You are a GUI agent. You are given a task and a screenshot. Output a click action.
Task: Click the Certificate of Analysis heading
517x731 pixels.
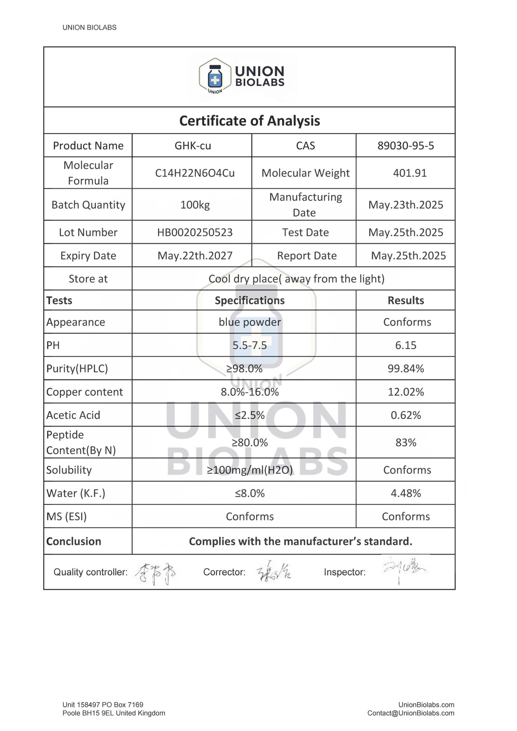[x=249, y=121]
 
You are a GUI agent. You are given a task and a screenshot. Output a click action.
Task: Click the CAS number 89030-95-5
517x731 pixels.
[x=406, y=146]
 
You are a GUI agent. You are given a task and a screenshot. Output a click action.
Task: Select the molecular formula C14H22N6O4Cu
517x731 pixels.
[x=195, y=173]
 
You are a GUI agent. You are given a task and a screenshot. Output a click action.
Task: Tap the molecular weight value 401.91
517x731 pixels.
[x=409, y=173]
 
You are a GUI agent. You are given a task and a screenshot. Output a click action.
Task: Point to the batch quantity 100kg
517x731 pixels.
[x=195, y=205]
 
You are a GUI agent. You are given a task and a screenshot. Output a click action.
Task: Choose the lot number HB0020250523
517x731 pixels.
[x=195, y=233]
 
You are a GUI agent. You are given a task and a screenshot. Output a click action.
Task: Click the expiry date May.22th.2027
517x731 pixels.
[x=195, y=256]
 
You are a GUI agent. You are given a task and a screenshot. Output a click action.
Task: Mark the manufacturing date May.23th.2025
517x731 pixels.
[x=406, y=205]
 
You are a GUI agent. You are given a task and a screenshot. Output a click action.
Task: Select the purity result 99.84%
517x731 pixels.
[x=406, y=369]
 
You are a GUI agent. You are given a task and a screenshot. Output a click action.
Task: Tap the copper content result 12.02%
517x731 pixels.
[x=406, y=392]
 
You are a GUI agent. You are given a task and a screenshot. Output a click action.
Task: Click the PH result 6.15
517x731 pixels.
[x=406, y=345]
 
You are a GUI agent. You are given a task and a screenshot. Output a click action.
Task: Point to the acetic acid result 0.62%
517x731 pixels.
[x=406, y=415]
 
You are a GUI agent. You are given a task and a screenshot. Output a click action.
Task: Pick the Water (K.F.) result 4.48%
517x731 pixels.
[x=406, y=493]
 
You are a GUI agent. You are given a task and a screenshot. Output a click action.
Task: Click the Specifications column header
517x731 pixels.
[x=249, y=300]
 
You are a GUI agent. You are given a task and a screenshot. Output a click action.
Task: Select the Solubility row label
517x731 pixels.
[x=69, y=470]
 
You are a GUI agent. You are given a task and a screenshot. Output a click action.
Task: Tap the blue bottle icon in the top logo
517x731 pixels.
[x=215, y=77]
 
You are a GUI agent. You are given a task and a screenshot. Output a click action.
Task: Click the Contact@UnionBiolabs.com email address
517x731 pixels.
[x=410, y=713]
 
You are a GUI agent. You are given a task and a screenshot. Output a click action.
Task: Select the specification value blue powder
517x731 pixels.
[x=249, y=322]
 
